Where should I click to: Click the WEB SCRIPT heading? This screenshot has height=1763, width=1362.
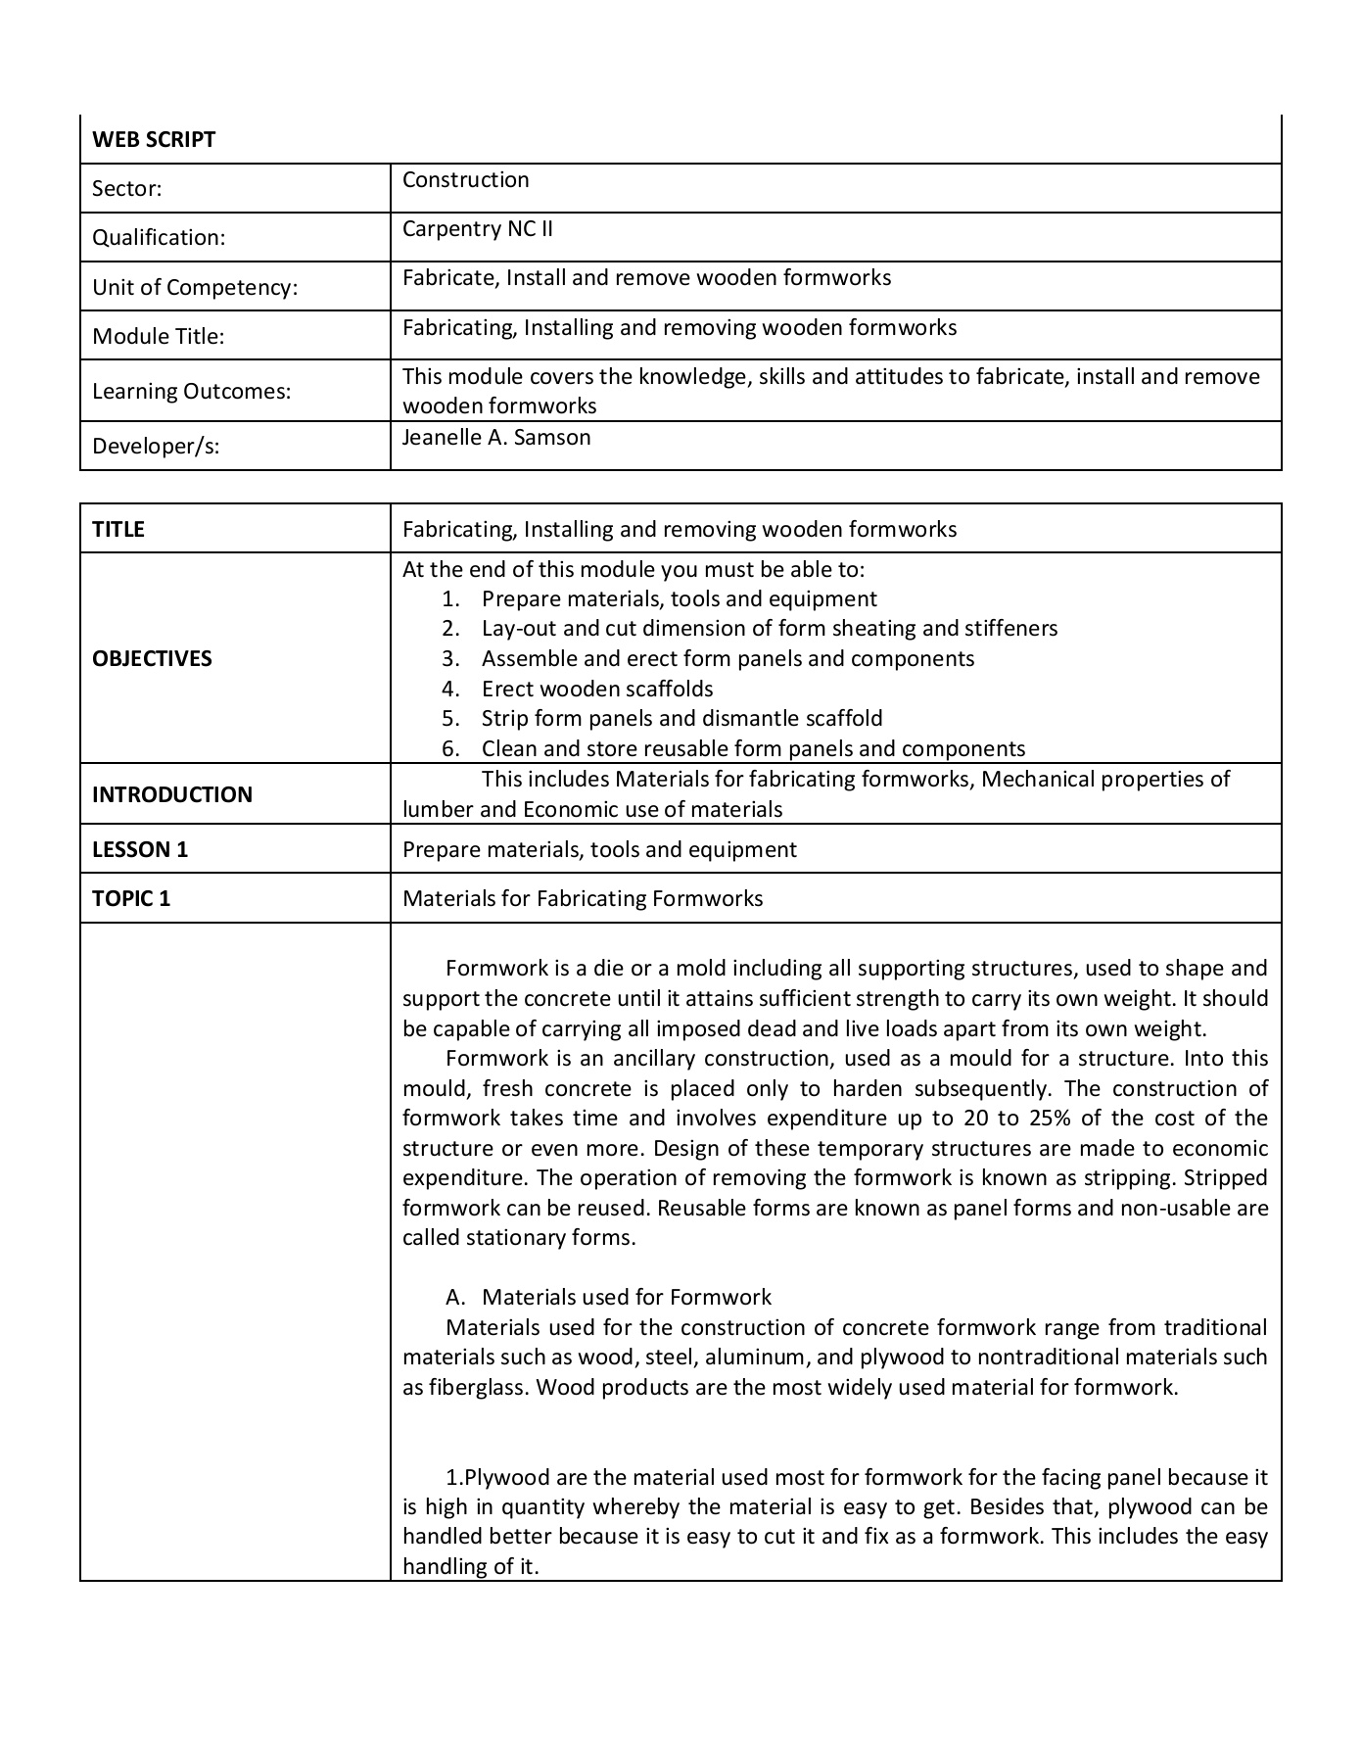point(154,139)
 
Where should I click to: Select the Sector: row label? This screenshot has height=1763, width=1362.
point(126,189)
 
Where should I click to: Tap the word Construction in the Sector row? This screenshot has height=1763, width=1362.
point(465,180)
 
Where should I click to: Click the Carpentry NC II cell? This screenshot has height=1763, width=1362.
point(477,229)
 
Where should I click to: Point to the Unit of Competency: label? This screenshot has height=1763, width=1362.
point(194,288)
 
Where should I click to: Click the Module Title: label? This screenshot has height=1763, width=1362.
point(158,337)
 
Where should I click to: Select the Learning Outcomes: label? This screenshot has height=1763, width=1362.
point(191,392)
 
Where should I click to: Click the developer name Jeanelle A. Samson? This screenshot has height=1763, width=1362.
point(495,438)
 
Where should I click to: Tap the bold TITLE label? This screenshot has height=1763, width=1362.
point(117,530)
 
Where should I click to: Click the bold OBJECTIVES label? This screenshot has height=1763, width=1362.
point(152,659)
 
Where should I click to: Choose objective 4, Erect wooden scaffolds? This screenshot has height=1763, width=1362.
point(596,690)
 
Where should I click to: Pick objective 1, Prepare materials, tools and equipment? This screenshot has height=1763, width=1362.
point(679,599)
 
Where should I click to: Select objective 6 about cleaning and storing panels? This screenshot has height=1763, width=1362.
point(753,749)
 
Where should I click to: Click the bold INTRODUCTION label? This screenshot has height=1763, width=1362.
point(171,794)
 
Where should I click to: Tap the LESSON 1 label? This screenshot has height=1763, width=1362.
point(139,850)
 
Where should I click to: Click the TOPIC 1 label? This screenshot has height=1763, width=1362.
point(131,899)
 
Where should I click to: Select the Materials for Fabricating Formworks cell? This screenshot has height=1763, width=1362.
point(583,899)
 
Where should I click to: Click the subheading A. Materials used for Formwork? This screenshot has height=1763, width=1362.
point(626,1298)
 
